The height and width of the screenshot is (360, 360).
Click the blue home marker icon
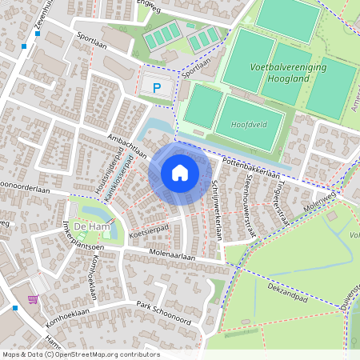pos(180,172)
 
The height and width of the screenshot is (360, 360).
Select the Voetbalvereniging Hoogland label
pos(288,73)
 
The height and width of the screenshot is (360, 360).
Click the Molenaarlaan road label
pos(172,256)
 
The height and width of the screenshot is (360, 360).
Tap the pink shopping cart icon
pos(33,299)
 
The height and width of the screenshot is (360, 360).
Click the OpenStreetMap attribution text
pos(81,354)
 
